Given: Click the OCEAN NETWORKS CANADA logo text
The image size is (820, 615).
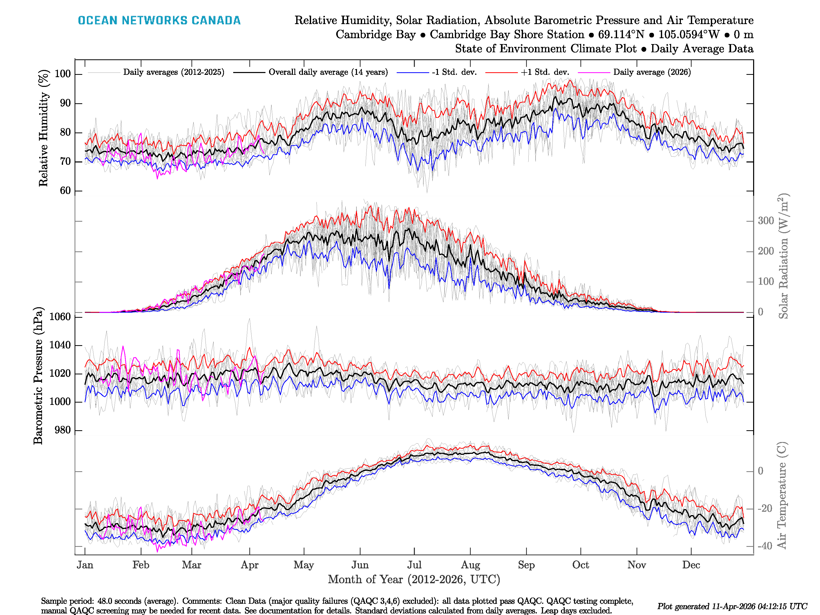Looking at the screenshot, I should click(x=159, y=20).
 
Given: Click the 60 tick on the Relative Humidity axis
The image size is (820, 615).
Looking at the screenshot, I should click(x=65, y=191).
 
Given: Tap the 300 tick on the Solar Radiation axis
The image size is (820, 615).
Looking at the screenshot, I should click(x=765, y=221).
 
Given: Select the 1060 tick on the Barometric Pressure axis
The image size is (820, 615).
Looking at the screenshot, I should click(x=60, y=316).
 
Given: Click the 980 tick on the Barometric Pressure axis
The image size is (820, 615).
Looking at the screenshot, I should click(x=63, y=430).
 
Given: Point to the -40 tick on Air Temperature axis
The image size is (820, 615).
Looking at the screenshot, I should click(x=765, y=546).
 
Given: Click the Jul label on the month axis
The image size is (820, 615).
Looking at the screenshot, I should click(x=414, y=565).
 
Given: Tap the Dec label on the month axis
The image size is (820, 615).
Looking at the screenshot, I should click(x=691, y=565).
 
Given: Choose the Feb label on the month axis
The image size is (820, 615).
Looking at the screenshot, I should click(x=141, y=565).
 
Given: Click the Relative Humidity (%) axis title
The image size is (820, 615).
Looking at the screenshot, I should click(x=44, y=128).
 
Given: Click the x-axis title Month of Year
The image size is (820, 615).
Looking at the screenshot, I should click(x=414, y=579).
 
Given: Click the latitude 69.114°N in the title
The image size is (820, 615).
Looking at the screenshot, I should click(x=621, y=35).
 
